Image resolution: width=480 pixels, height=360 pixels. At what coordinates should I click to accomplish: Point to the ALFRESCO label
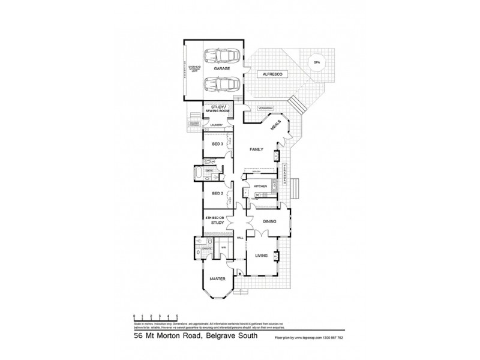[x=268, y=74]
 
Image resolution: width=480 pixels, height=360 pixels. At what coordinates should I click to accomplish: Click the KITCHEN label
[x=260, y=187]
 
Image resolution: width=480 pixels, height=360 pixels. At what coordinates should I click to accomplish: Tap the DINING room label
[x=269, y=221]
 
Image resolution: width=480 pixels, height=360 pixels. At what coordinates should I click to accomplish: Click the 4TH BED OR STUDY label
[x=215, y=220]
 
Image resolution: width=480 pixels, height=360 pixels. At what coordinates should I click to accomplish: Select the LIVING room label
[x=262, y=256]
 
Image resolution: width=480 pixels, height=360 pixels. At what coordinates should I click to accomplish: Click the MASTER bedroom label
[x=217, y=279]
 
